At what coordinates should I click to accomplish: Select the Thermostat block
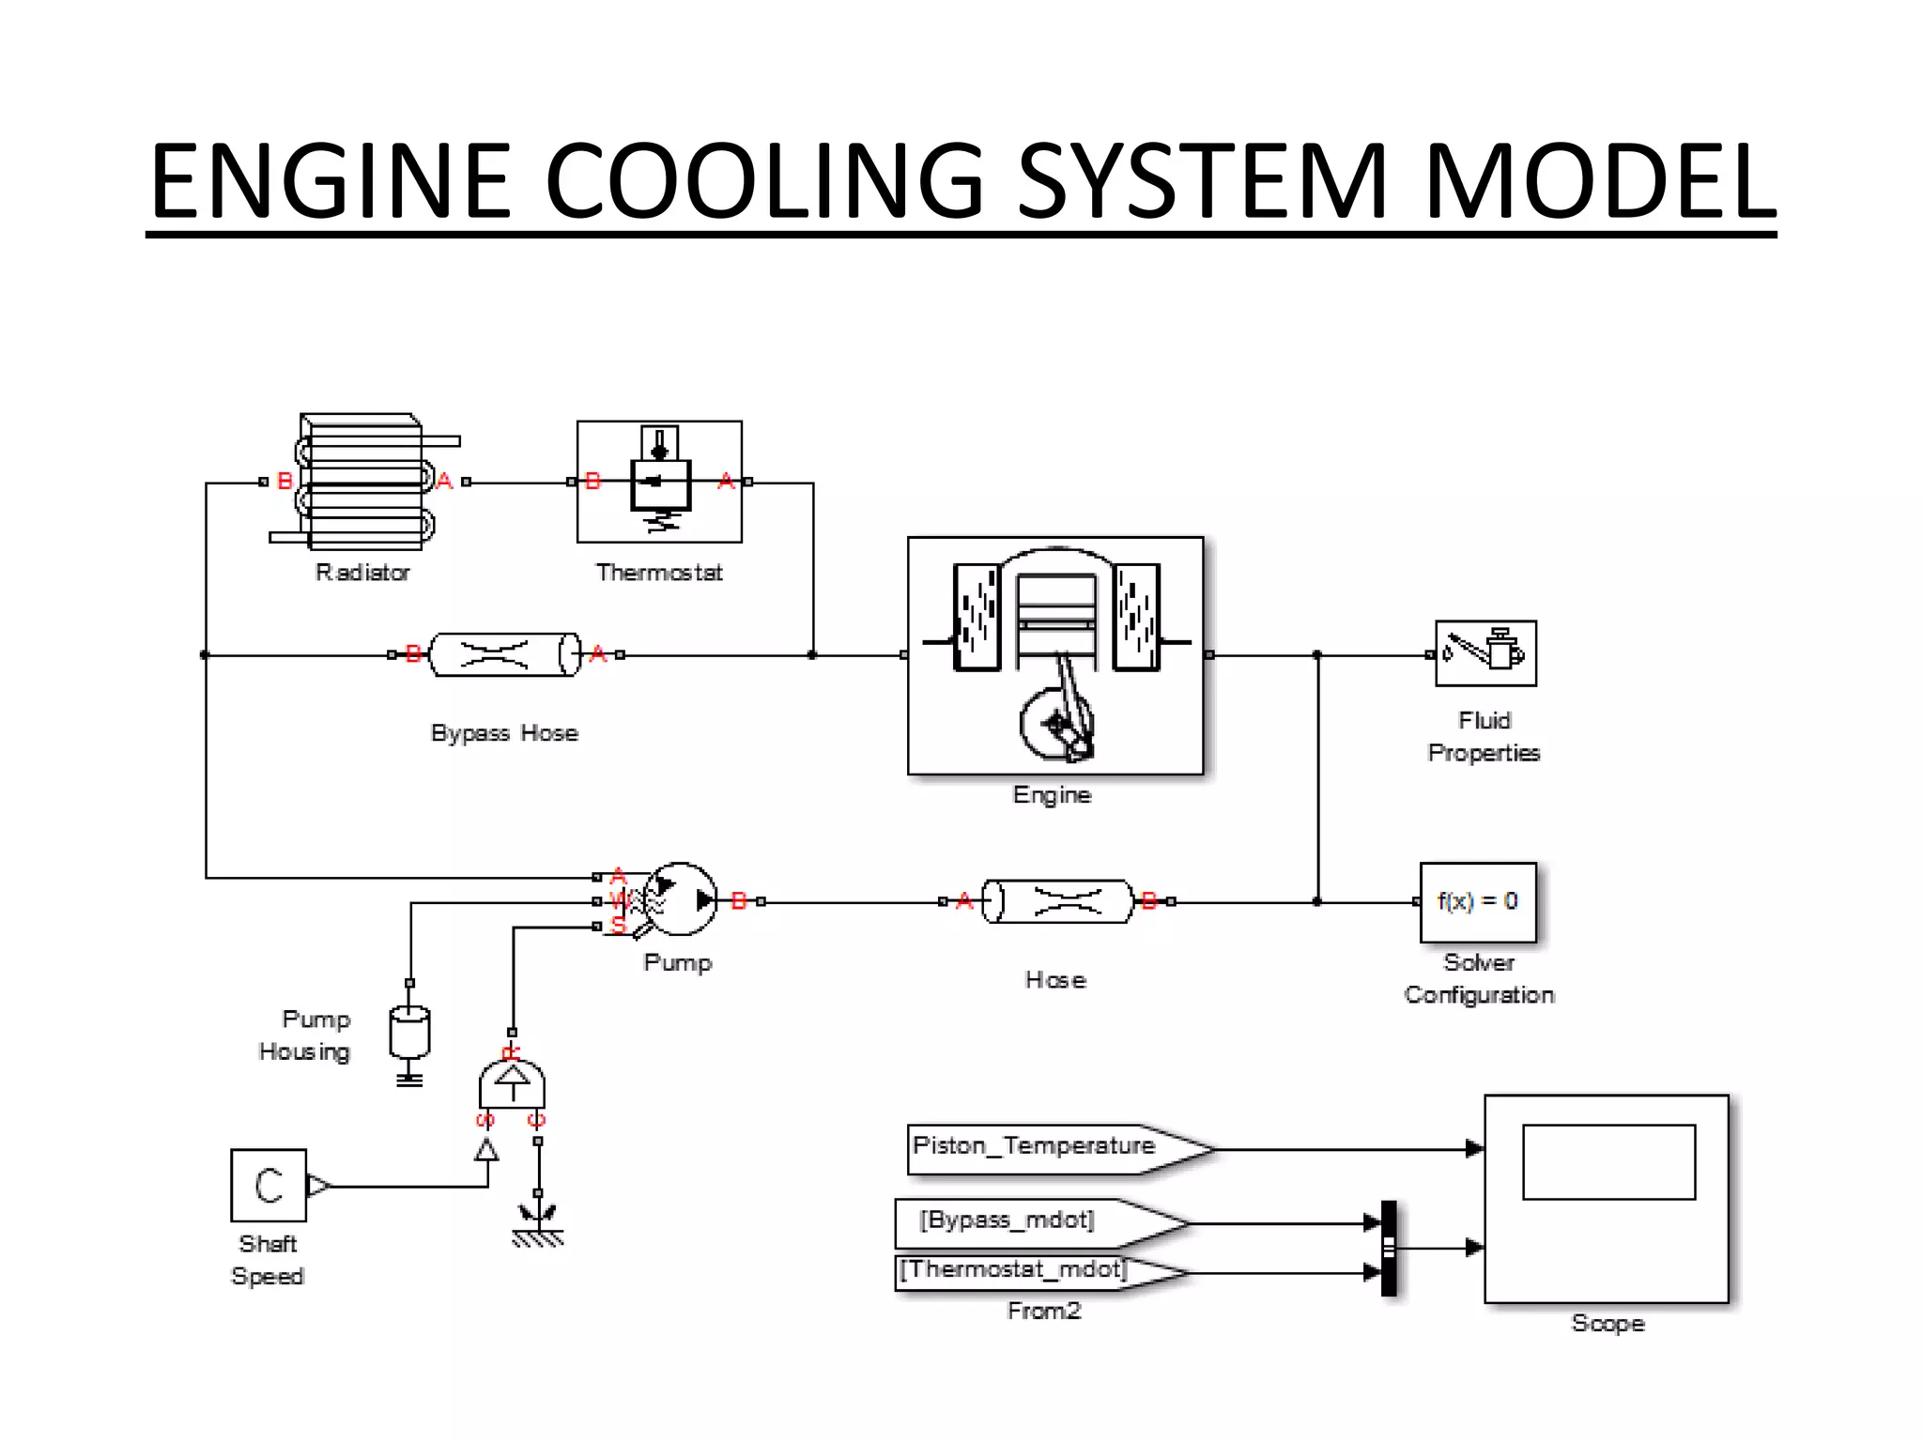point(659,482)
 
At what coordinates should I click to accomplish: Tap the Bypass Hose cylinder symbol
point(505,654)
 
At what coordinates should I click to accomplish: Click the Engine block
point(1055,655)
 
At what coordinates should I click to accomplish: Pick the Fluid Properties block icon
point(1485,653)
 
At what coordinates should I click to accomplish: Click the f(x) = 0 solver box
point(1478,902)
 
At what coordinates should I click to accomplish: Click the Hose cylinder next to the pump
point(1057,902)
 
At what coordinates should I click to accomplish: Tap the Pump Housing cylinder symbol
point(409,1034)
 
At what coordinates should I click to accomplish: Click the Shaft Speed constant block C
point(269,1185)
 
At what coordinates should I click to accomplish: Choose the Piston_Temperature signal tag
point(1042,1148)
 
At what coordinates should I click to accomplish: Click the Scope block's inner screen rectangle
point(1608,1162)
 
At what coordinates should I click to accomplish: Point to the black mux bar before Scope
point(1389,1248)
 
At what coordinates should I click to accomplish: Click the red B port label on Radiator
point(285,482)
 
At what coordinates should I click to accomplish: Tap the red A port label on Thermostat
point(726,482)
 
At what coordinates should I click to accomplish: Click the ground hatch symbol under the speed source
point(538,1237)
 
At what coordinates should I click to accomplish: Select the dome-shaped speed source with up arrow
point(512,1084)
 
